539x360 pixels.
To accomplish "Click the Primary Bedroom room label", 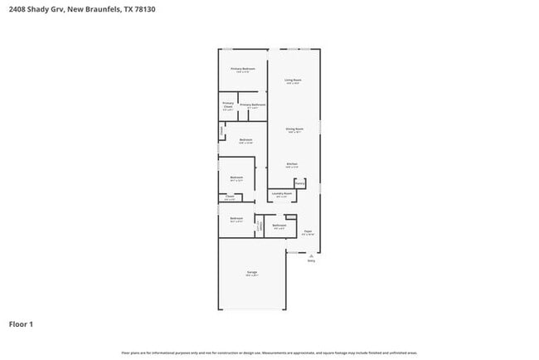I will [x=243, y=69].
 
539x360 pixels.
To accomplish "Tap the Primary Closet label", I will [x=227, y=105].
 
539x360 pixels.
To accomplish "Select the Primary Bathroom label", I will [x=252, y=105].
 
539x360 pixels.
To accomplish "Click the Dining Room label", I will [x=294, y=129].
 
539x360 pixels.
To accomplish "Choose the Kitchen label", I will [x=292, y=164].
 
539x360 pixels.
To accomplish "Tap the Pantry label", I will [x=299, y=182].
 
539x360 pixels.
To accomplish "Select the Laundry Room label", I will [x=281, y=194].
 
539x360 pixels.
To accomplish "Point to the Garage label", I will [x=251, y=272].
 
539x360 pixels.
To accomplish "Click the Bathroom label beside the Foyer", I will [x=279, y=225].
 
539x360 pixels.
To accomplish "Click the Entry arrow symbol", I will [x=311, y=255].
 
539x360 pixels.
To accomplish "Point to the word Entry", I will [x=311, y=260].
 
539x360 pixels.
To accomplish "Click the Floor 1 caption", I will [x=21, y=324].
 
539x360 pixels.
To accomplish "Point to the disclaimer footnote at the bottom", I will [x=269, y=353].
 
